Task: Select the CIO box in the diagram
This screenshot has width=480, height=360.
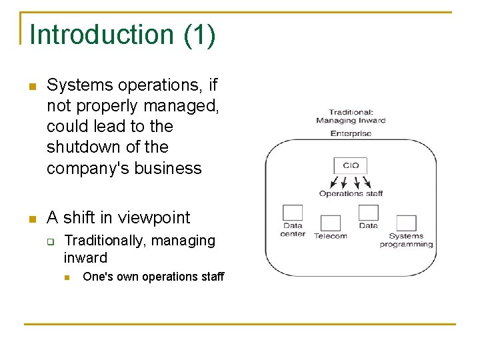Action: (351, 165)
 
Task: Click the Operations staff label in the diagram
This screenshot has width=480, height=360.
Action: (351, 194)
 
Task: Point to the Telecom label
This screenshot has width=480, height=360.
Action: (330, 236)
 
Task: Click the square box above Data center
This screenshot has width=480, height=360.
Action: (292, 213)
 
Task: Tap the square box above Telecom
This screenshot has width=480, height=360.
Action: (330, 223)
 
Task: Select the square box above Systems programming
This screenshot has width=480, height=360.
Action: (406, 223)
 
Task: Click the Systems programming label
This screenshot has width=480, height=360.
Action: (406, 240)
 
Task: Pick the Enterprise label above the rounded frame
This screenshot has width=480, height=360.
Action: (351, 133)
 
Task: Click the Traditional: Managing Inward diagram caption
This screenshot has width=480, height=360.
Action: (351, 116)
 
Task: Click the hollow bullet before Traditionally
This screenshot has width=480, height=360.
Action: (49, 241)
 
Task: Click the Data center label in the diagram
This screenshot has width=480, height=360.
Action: (293, 230)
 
